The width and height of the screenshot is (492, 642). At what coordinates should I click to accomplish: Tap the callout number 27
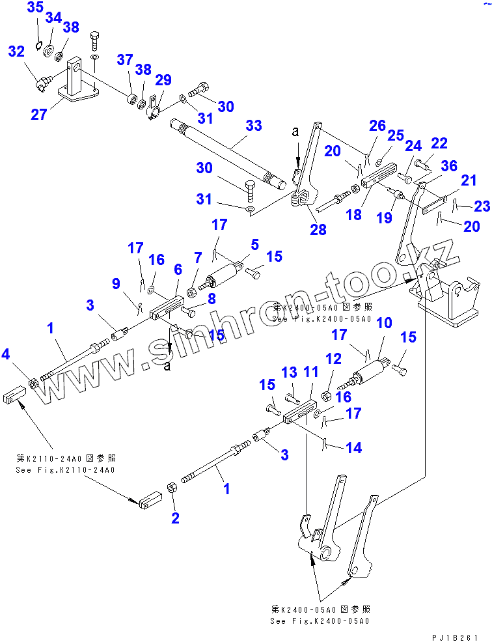pyautogui.click(x=39, y=115)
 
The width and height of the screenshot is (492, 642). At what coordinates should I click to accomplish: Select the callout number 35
pyautogui.click(x=36, y=8)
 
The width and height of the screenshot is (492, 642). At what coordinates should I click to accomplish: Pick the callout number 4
pyautogui.click(x=6, y=354)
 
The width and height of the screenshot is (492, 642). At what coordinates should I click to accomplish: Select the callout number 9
pyautogui.click(x=116, y=283)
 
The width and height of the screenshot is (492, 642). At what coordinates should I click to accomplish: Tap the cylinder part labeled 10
pyautogui.click(x=368, y=376)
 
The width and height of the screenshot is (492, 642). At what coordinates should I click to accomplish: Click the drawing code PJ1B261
pyautogui.click(x=456, y=636)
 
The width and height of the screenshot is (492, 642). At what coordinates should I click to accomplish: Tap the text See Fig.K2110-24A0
pyautogui.click(x=64, y=469)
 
